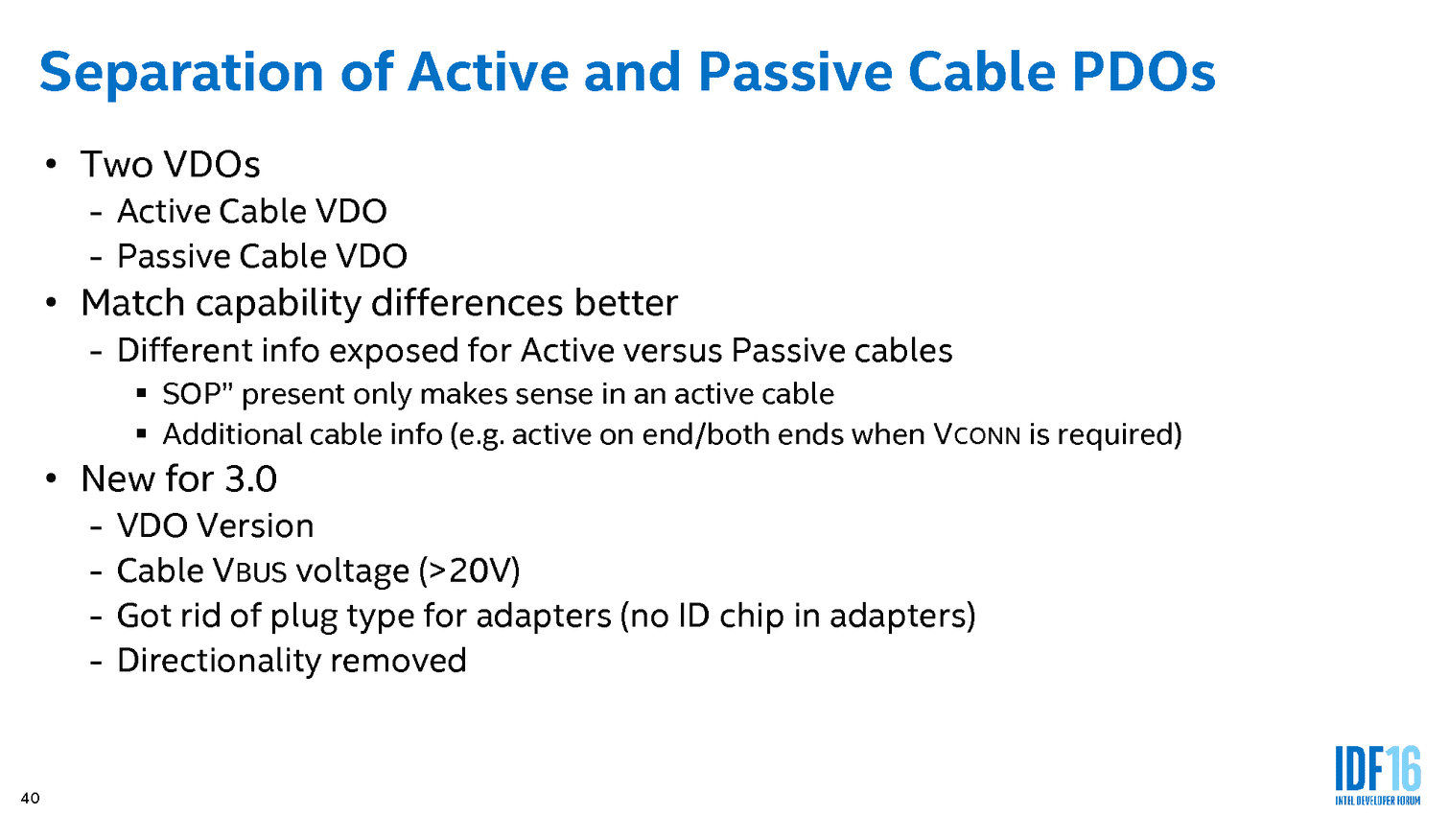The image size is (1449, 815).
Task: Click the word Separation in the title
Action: [182, 74]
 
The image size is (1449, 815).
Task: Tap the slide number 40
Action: [31, 798]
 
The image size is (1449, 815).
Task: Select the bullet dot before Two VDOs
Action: [51, 163]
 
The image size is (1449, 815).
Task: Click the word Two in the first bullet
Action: [116, 164]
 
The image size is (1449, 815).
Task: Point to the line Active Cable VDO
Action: [251, 211]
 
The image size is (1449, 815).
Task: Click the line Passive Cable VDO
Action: [262, 256]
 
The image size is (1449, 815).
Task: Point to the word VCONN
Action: [977, 434]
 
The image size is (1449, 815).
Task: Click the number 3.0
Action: [250, 479]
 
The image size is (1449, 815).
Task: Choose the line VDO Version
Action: [216, 525]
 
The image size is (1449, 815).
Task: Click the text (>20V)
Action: [469, 571]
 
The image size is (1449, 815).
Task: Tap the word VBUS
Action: [249, 571]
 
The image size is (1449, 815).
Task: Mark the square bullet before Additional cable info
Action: [141, 433]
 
